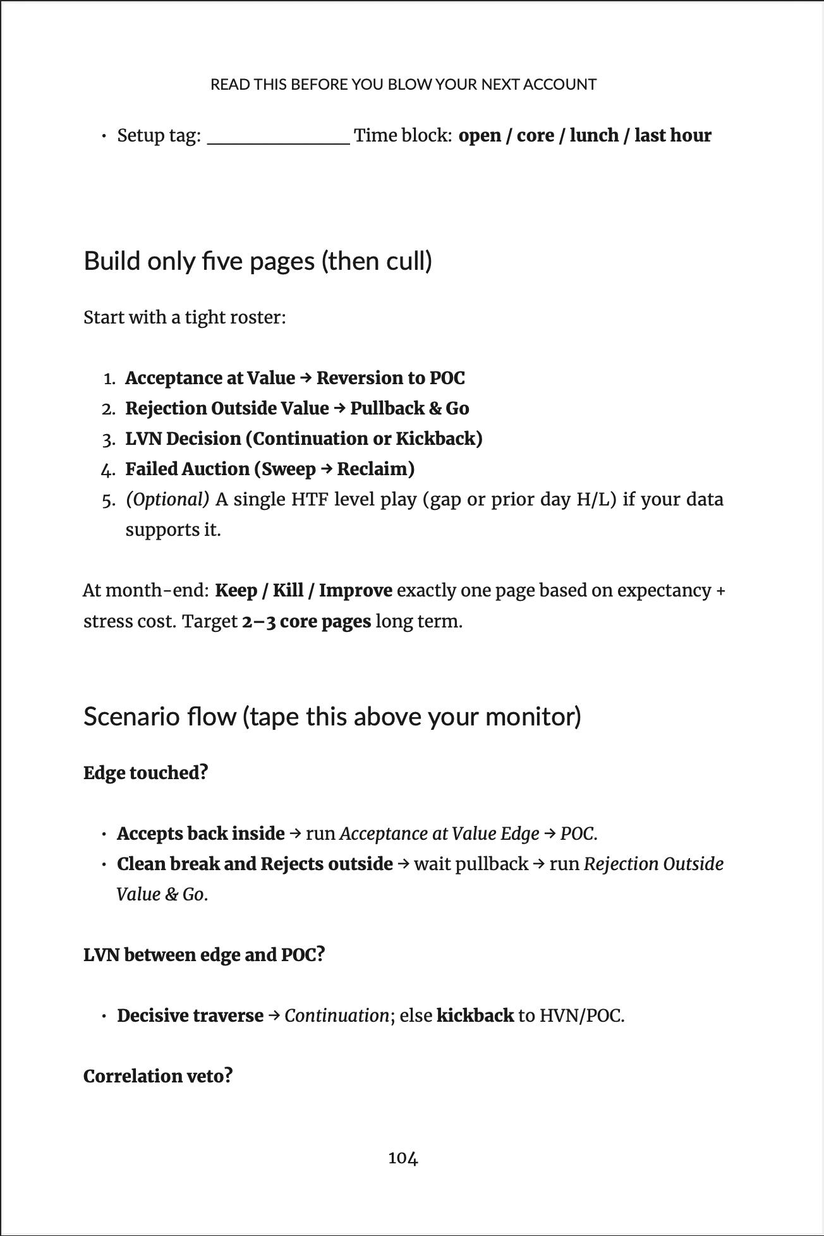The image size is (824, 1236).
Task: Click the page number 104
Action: (x=403, y=1158)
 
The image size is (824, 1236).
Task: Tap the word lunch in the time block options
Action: (x=594, y=136)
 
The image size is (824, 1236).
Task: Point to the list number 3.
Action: (x=108, y=439)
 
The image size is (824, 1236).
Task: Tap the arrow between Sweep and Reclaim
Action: (x=326, y=469)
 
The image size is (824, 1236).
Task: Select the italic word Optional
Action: (x=167, y=499)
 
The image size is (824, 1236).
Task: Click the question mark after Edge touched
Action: (x=203, y=772)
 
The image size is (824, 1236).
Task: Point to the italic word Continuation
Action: (x=336, y=1015)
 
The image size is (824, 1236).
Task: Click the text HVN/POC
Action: (x=581, y=1015)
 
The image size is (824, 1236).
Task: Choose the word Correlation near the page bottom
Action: (x=133, y=1075)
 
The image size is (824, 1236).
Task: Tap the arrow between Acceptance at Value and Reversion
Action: (x=305, y=378)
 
